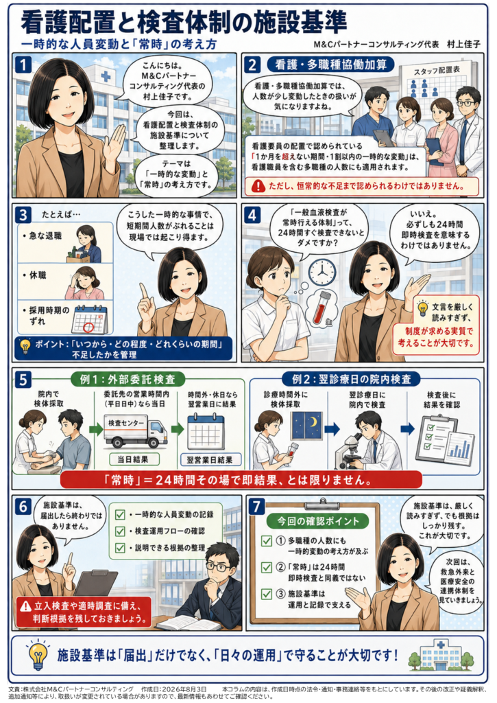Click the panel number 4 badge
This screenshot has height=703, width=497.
(252, 215)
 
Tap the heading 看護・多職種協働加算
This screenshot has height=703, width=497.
(331, 65)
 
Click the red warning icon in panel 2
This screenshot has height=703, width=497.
(258, 185)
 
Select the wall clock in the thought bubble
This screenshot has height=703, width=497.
(322, 272)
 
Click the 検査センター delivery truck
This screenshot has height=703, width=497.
(135, 431)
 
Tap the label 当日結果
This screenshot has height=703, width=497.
(132, 459)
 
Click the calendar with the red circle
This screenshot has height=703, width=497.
(90, 319)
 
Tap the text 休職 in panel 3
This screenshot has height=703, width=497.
(38, 275)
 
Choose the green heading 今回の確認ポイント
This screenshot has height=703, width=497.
(317, 521)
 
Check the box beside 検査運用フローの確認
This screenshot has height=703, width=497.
(120, 531)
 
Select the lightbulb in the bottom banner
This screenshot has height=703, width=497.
(38, 654)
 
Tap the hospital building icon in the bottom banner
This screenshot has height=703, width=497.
(441, 656)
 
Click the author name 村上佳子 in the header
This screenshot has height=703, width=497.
(463, 44)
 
